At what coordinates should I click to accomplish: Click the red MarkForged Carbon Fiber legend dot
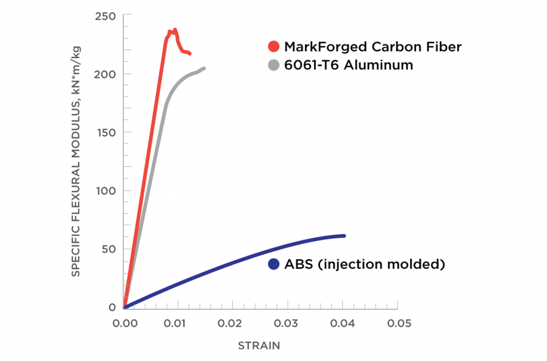[x=275, y=46]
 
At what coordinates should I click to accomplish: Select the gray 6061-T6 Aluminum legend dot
[x=275, y=65]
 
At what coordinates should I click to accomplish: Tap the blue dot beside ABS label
[x=275, y=264]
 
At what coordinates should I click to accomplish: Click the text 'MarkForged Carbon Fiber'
[x=372, y=47]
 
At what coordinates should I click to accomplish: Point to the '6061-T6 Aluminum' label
[x=348, y=65]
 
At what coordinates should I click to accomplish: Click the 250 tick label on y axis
[x=106, y=16]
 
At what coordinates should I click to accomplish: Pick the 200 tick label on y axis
[x=106, y=74]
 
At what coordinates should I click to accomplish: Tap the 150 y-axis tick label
[x=106, y=132]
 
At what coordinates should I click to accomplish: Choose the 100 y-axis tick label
[x=106, y=191]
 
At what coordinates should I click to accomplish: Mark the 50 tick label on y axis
[x=108, y=249]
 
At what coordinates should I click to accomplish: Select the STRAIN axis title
[x=259, y=346]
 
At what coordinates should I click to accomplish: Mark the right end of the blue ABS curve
[x=344, y=236]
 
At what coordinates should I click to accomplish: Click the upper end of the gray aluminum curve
[x=204, y=68]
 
